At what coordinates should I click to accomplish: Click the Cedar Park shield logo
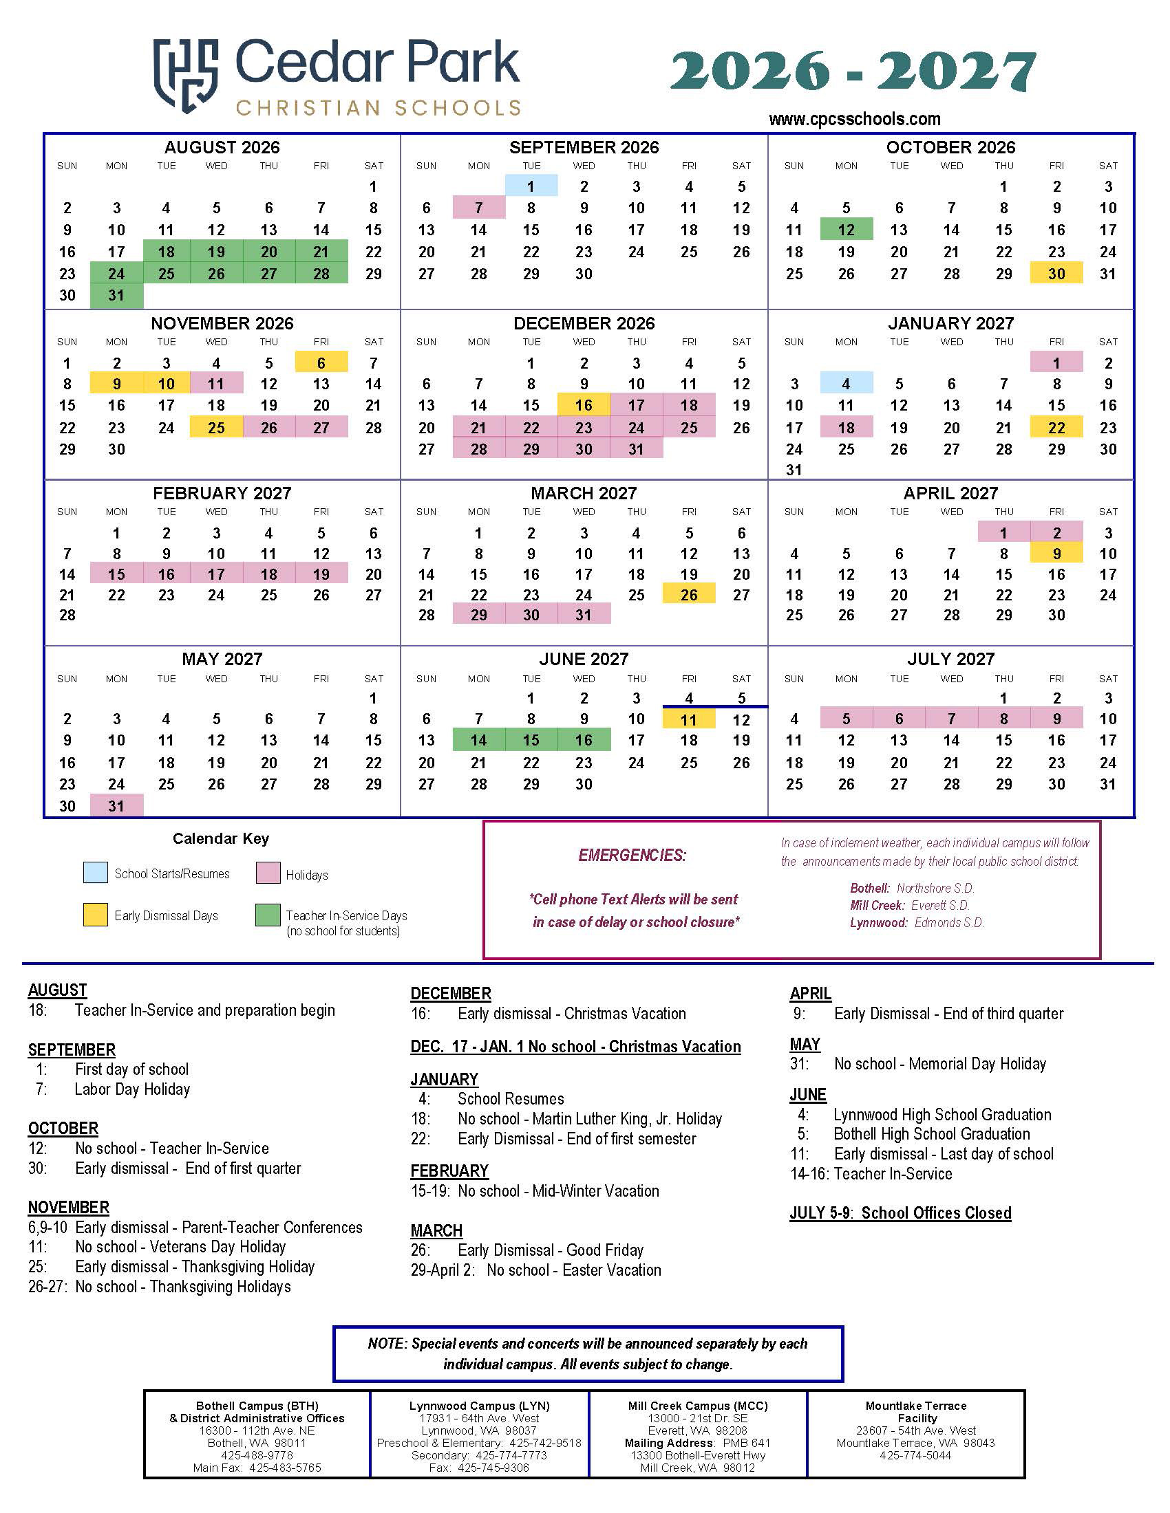tap(186, 75)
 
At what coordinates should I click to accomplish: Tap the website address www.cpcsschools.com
tap(854, 119)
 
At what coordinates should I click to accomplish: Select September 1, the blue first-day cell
tap(531, 186)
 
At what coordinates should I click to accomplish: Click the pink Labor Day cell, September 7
tap(478, 208)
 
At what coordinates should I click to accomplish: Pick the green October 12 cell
tap(846, 229)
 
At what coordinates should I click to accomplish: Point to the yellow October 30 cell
tap(1056, 273)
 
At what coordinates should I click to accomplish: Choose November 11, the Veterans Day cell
tap(216, 383)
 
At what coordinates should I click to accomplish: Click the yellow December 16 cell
tap(584, 405)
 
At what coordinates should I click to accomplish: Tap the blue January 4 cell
tap(846, 383)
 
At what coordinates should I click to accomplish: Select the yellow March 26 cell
tap(688, 594)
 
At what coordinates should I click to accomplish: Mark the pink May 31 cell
tap(116, 806)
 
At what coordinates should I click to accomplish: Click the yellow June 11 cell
tap(688, 719)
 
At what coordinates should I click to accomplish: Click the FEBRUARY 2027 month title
tap(222, 493)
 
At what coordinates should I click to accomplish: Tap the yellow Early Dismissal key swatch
tap(95, 915)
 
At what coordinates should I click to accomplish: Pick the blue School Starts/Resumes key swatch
tap(95, 872)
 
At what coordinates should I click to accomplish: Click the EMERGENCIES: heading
tap(632, 855)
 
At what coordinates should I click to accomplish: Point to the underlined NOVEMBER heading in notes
tap(69, 1207)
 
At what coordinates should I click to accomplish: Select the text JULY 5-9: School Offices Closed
tap(900, 1212)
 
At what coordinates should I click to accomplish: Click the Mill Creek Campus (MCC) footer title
tap(697, 1405)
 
